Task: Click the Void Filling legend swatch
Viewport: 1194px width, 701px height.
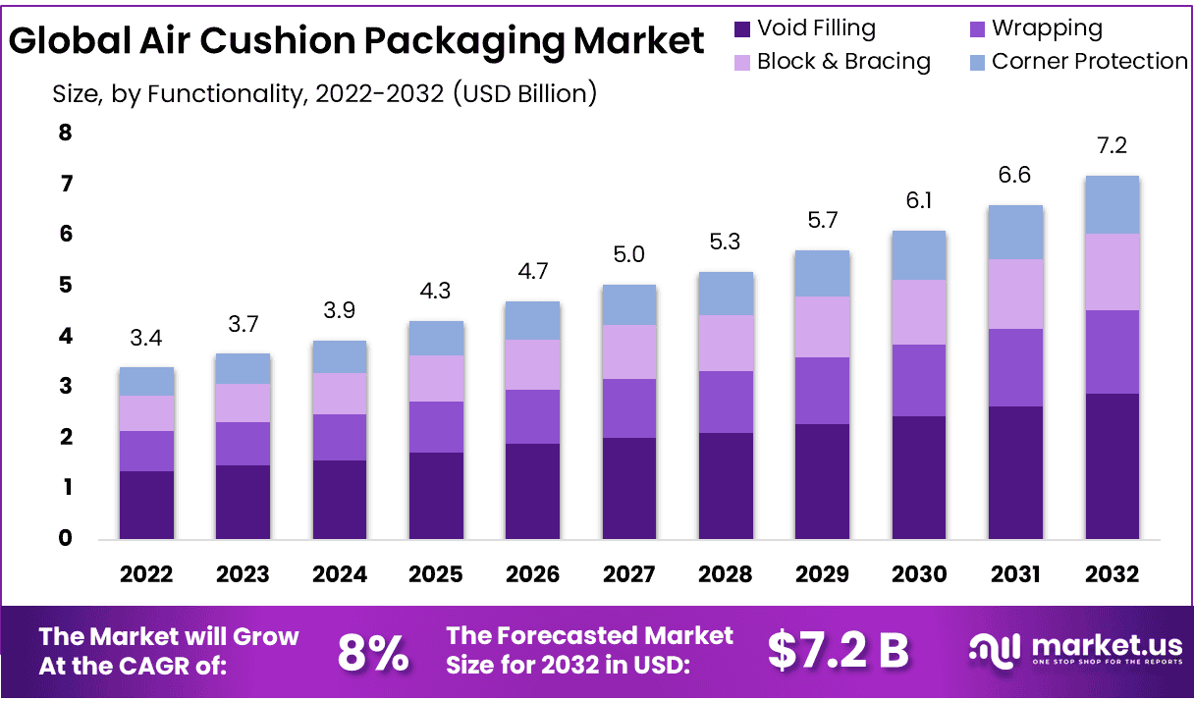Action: coord(743,29)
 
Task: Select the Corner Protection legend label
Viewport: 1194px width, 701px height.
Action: coord(1089,61)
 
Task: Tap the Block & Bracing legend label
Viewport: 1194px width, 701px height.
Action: coord(843,61)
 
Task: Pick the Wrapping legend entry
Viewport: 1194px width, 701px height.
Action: coord(1047,28)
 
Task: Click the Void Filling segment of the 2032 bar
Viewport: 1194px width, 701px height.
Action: coord(1112,465)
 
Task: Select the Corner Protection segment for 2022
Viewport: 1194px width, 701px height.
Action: coord(146,381)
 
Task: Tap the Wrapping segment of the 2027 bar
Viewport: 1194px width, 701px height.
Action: coord(628,407)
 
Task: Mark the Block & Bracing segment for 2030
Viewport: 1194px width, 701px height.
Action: coord(918,312)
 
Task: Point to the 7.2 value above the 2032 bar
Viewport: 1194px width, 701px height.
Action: coord(1112,146)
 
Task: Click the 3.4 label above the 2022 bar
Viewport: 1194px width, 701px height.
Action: coord(146,339)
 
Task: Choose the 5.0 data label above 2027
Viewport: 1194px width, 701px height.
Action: coord(628,255)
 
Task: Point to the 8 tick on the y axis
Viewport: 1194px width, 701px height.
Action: coord(66,133)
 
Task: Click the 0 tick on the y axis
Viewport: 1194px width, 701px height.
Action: coord(66,538)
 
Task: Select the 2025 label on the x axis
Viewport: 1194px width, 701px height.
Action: coord(436,574)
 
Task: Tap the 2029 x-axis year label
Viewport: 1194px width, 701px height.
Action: coord(822,574)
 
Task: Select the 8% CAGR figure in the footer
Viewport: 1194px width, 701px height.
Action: coord(373,652)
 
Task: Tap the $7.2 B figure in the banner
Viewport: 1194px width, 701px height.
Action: coord(838,651)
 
